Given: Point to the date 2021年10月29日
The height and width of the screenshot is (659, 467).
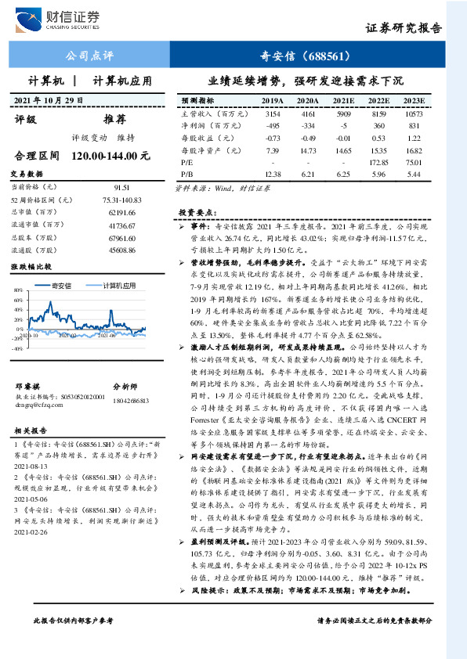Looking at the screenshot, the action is click(x=49, y=101).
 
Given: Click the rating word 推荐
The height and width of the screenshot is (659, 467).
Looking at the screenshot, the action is click(x=114, y=120).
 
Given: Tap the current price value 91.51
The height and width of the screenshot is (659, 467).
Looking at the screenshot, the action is click(x=121, y=188).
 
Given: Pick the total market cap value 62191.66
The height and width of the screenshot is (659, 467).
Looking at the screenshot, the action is click(x=121, y=212).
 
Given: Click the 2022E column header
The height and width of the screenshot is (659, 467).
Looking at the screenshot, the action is click(x=378, y=102).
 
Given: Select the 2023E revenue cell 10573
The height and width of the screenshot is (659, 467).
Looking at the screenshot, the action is click(x=413, y=113).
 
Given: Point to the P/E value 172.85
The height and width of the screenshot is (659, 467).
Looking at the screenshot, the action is click(x=378, y=161).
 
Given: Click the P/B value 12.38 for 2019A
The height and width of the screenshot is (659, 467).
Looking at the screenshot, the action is click(x=273, y=173).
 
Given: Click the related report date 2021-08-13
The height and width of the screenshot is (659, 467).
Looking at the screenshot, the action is click(x=31, y=464).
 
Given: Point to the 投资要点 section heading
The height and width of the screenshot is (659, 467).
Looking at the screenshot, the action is click(x=194, y=211).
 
